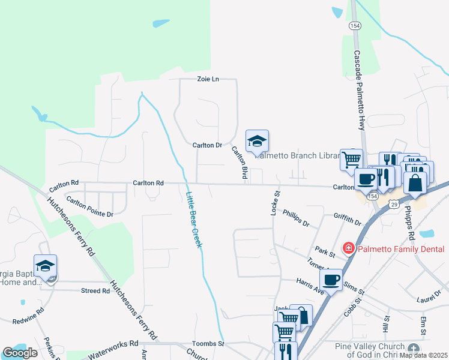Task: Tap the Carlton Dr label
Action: click(207, 145)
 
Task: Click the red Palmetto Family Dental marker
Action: click(347, 248)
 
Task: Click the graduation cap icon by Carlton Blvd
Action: click(257, 141)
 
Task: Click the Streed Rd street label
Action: click(95, 291)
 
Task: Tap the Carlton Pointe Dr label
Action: click(89, 206)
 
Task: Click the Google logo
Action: click(20, 353)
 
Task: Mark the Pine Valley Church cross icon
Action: click(413, 349)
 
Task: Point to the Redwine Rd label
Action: click(28, 316)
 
